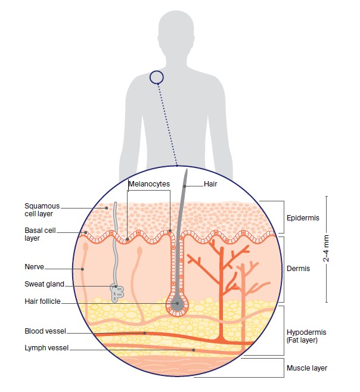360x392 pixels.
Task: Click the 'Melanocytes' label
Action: point(149,185)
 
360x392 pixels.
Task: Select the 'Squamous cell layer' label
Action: point(42,210)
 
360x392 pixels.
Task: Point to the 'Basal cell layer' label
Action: point(40,234)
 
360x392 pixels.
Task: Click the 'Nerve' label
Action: point(35,267)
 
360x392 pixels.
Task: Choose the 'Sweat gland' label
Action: point(44,285)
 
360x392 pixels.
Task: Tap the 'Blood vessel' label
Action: point(45,331)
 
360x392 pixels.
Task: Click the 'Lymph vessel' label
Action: point(46,347)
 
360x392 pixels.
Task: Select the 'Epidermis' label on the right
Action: point(303,218)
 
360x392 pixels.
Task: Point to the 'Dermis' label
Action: point(299,269)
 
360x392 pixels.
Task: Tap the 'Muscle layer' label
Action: point(307,368)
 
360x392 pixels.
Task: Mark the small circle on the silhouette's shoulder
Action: point(156,77)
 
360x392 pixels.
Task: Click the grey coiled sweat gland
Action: point(117,290)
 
